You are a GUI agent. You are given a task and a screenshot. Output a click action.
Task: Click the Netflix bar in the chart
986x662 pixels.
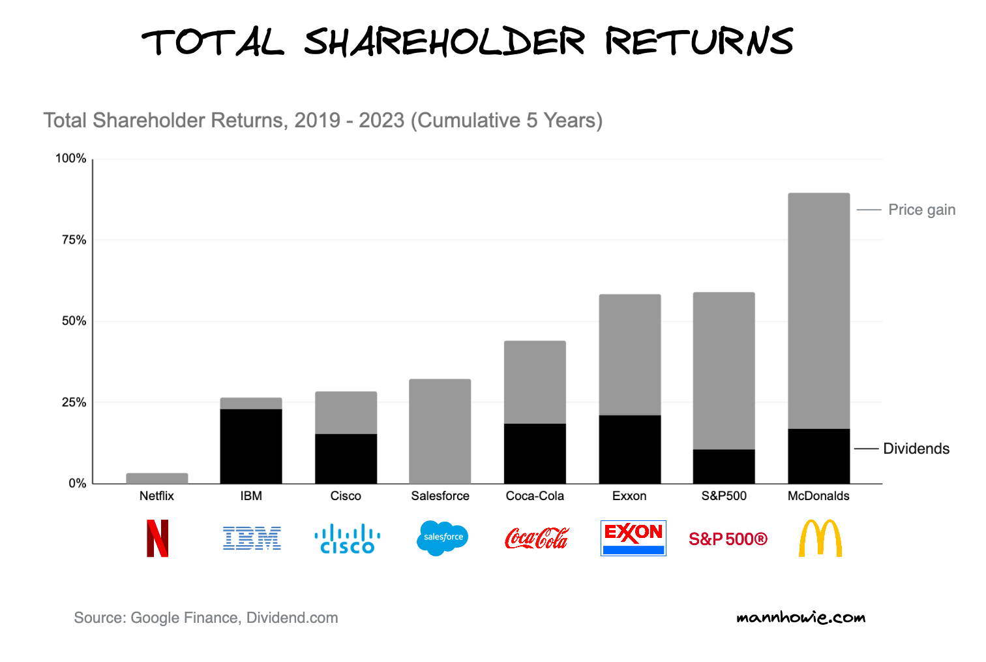[x=157, y=478]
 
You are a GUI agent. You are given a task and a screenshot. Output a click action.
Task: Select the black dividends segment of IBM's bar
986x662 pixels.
[x=251, y=446]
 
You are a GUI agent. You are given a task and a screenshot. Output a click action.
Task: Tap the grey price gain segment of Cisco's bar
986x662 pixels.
[x=346, y=413]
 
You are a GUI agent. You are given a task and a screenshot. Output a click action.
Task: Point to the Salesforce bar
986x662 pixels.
[x=440, y=431]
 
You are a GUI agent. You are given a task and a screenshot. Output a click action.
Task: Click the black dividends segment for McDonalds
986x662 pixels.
[x=818, y=456]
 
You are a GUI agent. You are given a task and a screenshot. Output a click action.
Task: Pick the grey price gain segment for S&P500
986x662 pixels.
[x=724, y=370]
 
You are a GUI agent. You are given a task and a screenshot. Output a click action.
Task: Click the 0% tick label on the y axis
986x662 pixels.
[x=77, y=483]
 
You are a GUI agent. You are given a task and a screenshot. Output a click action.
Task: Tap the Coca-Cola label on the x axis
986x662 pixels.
[x=535, y=496]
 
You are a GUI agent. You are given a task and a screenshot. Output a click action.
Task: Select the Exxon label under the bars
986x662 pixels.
[x=629, y=496]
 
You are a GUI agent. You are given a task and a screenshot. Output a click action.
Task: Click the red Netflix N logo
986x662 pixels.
[x=157, y=538]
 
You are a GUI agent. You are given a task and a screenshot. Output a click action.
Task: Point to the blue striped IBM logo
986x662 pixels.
[x=252, y=538]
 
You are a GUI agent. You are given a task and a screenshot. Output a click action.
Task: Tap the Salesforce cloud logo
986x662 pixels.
[x=442, y=538]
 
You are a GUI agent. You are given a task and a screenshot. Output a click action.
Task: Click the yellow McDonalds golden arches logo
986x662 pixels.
[x=820, y=538]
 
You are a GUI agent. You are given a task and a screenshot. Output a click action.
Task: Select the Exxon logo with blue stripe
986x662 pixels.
[x=633, y=538]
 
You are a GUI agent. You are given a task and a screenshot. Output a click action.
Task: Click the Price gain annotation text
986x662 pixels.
[x=921, y=210]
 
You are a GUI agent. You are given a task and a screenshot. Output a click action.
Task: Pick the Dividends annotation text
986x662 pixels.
[x=916, y=449]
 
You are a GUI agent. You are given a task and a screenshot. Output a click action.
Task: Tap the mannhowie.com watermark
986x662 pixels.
[x=801, y=617]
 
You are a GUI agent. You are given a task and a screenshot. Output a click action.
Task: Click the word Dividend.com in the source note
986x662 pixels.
[x=292, y=618]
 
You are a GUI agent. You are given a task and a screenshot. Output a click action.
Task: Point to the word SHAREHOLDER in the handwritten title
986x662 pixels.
[x=444, y=42]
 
